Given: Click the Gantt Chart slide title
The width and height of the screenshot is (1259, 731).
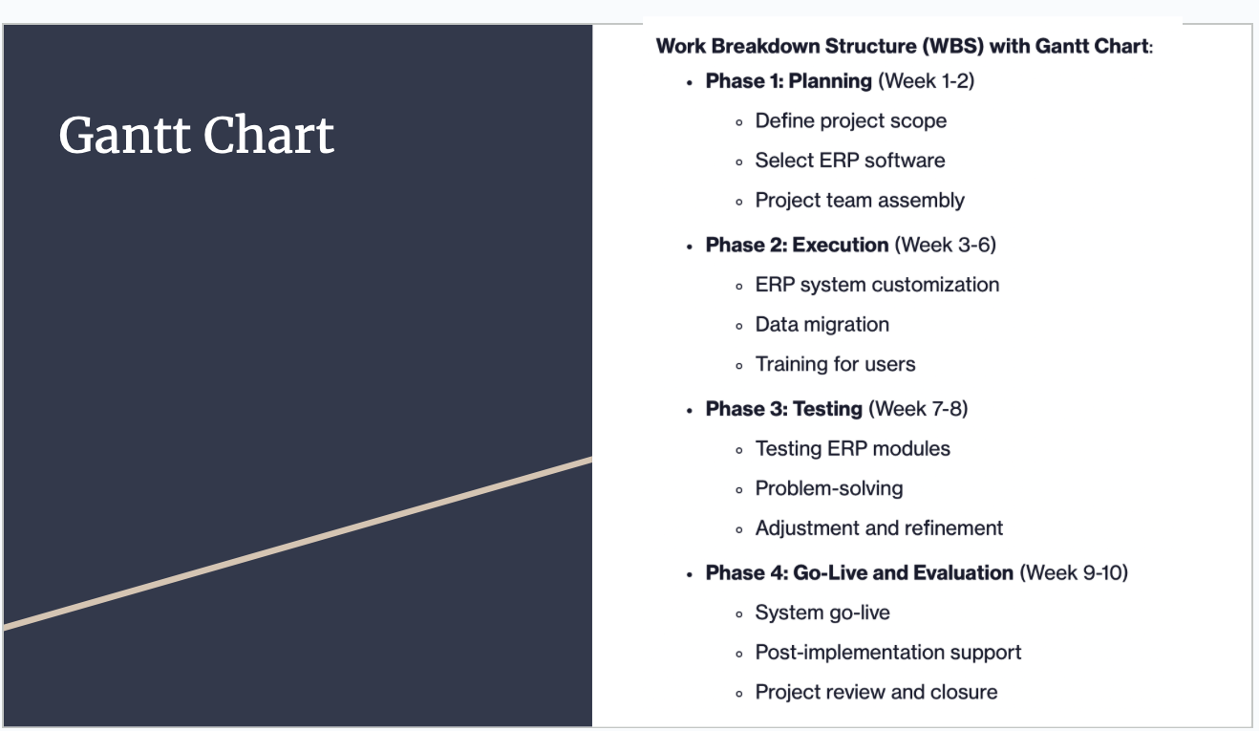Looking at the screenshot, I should coord(196,135).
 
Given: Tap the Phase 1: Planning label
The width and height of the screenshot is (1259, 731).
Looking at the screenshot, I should coord(788,81).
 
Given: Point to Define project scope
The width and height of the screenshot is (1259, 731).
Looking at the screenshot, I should coord(850,121).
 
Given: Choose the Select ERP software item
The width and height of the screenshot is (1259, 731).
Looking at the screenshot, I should coord(849,161).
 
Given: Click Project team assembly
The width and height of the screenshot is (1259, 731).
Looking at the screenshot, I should coord(859,201).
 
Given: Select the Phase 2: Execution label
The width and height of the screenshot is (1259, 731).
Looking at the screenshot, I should coord(797,246).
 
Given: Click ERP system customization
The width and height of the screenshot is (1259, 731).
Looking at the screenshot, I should coord(877,285).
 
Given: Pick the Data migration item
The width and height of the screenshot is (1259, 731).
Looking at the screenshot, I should coord(822,325).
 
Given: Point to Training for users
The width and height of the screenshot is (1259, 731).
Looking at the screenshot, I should coord(835,365).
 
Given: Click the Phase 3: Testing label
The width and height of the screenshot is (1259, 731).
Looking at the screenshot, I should coord(783,409).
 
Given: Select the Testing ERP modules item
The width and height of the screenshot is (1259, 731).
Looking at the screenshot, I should coord(852,449).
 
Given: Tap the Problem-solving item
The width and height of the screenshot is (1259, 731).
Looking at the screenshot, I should coord(828,488).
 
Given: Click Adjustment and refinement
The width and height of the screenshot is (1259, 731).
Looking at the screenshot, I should coord(879,528).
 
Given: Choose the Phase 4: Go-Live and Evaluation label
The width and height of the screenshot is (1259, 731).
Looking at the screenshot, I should coord(859,573).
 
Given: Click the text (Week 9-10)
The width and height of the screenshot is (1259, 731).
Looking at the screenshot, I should coord(1074,573).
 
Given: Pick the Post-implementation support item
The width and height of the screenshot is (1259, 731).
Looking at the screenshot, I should coord(887,653).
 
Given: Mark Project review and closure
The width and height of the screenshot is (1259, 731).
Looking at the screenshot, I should coord(876,693).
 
